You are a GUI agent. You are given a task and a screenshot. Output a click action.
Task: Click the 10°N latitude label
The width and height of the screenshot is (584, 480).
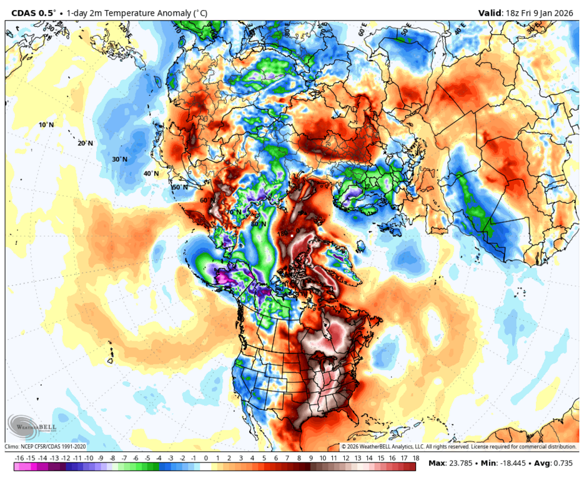point(46,125)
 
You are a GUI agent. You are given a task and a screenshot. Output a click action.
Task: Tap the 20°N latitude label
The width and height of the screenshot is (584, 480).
point(86,143)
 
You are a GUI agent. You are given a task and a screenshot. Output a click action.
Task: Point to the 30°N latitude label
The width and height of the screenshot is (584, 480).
point(120,159)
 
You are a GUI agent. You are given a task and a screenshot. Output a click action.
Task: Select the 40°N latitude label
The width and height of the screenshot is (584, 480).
point(151,174)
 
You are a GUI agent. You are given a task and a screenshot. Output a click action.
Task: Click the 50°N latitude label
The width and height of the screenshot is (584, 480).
point(180,187)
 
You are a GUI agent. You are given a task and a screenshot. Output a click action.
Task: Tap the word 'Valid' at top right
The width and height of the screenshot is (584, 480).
point(492,12)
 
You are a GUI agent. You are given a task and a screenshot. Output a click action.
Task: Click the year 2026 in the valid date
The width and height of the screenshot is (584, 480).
point(566,12)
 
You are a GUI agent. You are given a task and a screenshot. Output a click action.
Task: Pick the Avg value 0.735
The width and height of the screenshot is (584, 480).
point(565,464)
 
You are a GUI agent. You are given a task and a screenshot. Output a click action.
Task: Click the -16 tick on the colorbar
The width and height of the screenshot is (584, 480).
point(19,458)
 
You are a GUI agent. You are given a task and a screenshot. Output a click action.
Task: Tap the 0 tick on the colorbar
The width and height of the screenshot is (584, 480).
point(205,458)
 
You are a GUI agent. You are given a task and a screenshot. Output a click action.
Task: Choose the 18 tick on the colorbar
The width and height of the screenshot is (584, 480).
point(415,458)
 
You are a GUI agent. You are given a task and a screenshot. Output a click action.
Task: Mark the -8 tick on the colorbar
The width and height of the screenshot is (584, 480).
point(113,458)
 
